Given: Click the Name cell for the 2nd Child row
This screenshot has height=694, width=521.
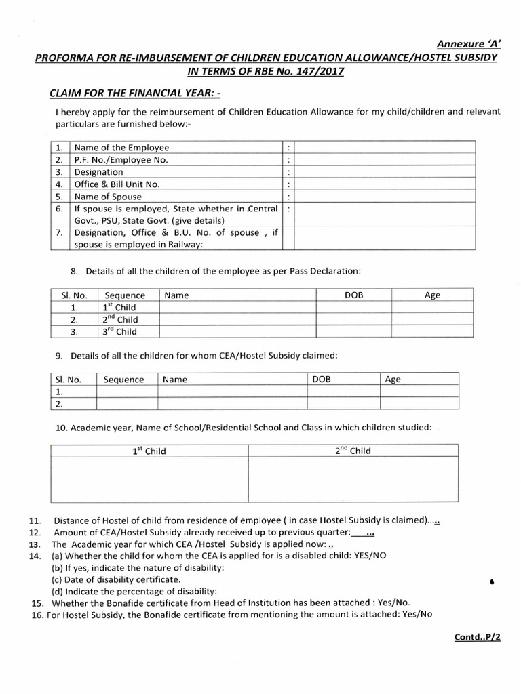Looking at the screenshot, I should click(x=238, y=319).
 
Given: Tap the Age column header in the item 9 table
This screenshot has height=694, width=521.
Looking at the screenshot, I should click(x=393, y=380).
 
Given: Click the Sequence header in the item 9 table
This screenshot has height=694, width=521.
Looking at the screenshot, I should click(x=124, y=380).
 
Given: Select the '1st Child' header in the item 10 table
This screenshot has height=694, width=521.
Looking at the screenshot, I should click(x=149, y=451).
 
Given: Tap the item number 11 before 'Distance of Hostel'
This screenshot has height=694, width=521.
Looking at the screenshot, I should click(x=35, y=520).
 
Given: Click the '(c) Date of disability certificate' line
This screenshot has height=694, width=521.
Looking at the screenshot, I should click(x=116, y=580).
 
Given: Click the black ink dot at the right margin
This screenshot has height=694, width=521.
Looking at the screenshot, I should click(x=490, y=581).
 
